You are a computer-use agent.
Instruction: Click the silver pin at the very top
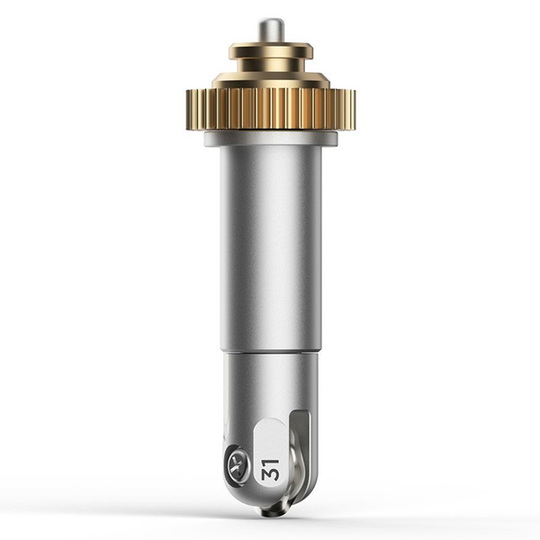(x=270, y=32)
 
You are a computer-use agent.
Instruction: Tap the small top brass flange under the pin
(x=271, y=50)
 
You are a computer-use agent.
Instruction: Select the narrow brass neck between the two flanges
(x=271, y=65)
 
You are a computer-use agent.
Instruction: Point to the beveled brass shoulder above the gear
(x=271, y=80)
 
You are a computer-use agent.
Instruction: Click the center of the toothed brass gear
(x=271, y=110)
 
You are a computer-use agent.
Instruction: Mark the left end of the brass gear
(x=187, y=110)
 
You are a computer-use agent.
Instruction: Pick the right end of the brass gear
(x=355, y=110)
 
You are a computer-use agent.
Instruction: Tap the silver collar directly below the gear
(x=271, y=138)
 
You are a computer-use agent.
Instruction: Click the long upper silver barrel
(x=271, y=248)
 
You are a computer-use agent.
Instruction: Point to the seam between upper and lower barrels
(x=271, y=353)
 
